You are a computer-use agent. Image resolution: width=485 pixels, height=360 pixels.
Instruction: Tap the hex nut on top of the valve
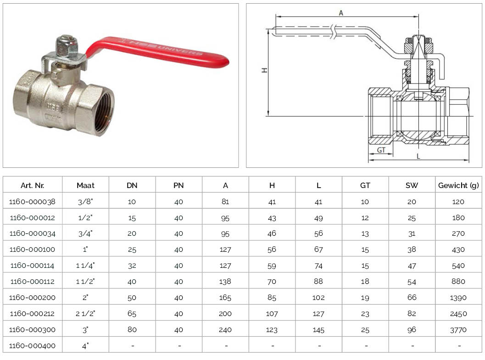click(67, 47)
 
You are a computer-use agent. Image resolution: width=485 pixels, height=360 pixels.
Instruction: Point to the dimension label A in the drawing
click(341, 13)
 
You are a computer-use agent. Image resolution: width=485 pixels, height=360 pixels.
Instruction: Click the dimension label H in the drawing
click(264, 71)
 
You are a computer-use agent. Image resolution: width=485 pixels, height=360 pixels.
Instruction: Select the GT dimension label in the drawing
click(381, 150)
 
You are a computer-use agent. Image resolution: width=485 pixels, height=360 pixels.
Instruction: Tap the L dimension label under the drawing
click(418, 156)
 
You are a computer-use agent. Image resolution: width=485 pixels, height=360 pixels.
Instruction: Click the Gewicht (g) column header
click(458, 185)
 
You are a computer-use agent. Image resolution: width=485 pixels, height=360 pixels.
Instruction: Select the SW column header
click(412, 185)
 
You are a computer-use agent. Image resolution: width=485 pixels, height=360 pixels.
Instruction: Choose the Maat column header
click(85, 185)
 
